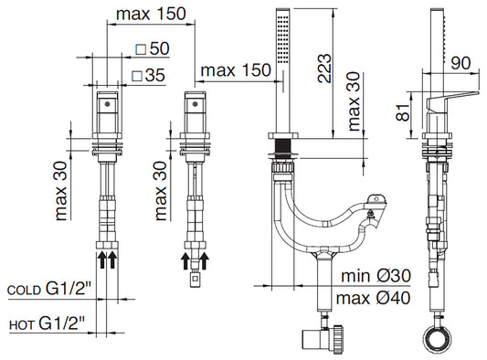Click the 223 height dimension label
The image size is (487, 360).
[x=324, y=69]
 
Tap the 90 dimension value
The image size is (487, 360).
[x=461, y=63]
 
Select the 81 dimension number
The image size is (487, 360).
[x=404, y=111]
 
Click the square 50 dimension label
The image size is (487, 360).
[x=153, y=48]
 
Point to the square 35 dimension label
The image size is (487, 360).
[x=148, y=76]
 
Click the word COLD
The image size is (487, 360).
[x=24, y=291]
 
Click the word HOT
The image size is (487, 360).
[x=21, y=325]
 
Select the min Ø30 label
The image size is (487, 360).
[x=376, y=276]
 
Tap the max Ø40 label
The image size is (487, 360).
[x=373, y=298]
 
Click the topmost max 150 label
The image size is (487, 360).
[x=151, y=14]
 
